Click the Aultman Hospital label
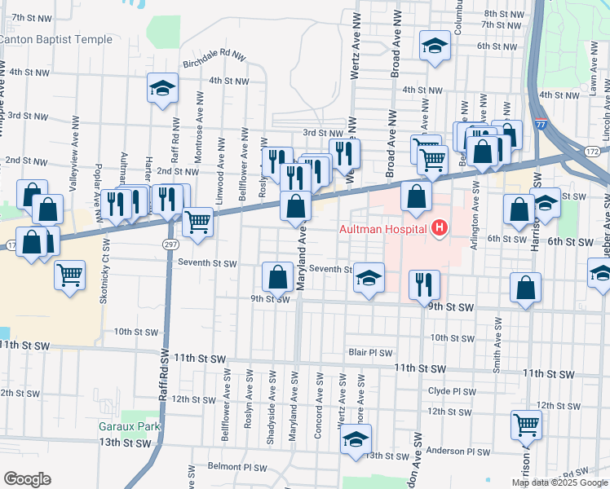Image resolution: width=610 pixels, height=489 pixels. (386, 227)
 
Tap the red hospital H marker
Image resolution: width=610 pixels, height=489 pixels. (440, 227)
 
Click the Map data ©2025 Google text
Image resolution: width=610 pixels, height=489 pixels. (559, 482)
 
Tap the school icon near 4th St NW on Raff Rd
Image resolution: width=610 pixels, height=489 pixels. (163, 88)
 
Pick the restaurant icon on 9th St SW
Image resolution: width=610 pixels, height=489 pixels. (424, 284)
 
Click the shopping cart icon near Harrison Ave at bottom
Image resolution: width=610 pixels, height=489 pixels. (527, 424)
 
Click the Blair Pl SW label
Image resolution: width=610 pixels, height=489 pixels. (371, 353)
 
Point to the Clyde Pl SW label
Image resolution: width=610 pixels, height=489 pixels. (451, 391)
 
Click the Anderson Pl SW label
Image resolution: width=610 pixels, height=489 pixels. (462, 451)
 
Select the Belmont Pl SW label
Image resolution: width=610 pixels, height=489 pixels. (236, 468)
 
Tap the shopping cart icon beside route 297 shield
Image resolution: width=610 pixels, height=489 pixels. (198, 221)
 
